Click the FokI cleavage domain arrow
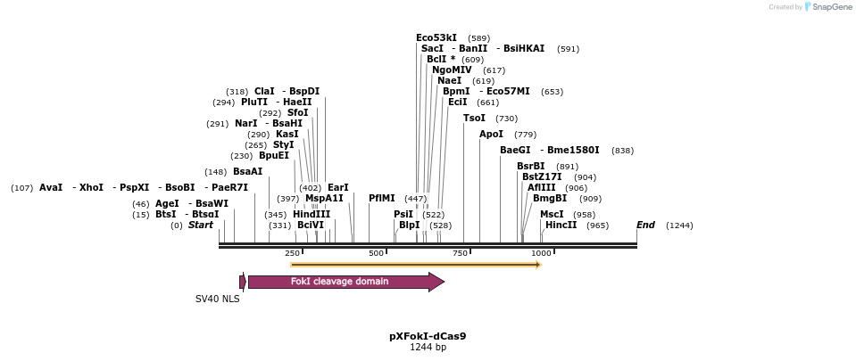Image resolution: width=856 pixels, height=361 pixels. [x=345, y=282]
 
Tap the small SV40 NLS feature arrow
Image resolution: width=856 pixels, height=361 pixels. [x=243, y=282]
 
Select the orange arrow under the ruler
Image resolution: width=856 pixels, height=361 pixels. [x=415, y=265]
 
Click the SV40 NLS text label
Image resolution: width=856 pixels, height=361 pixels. [x=218, y=299]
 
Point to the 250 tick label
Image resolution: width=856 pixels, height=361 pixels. [x=293, y=254]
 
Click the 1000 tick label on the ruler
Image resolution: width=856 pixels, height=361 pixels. [x=541, y=254]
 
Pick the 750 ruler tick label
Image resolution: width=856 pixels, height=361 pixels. [x=460, y=254]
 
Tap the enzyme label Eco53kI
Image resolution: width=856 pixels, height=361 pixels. [x=436, y=37]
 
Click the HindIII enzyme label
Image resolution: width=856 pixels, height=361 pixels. [x=312, y=214]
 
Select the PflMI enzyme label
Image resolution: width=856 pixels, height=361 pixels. [x=382, y=199]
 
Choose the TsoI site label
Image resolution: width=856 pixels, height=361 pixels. [x=475, y=118]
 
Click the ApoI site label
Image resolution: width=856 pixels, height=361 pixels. [x=492, y=134]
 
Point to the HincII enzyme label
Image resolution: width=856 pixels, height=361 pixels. [x=561, y=226]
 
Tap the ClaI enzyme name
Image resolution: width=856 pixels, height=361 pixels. [x=264, y=91]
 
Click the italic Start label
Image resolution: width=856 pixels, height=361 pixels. [x=201, y=226]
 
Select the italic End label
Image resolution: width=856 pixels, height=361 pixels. [x=645, y=226]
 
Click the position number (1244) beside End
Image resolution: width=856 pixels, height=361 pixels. [x=679, y=226]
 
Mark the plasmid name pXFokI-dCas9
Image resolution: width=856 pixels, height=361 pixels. [x=428, y=336]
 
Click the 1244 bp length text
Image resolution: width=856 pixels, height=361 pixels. [x=428, y=348]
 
